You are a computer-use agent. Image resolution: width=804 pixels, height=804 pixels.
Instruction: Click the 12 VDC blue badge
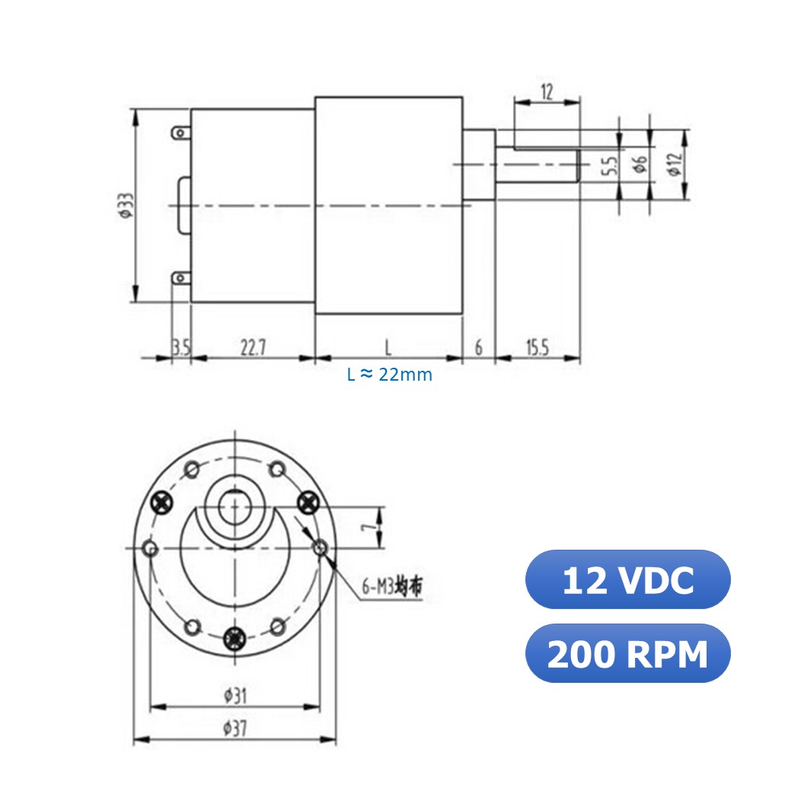[627, 580]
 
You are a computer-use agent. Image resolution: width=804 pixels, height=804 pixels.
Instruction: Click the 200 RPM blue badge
[627, 653]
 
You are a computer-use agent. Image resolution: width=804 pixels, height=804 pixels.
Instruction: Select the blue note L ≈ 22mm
[389, 375]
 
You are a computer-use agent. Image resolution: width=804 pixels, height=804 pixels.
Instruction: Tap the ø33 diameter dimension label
[125, 205]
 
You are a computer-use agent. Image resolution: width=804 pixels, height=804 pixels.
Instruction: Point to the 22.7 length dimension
[253, 348]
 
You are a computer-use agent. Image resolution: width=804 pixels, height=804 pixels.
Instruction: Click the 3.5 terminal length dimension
[181, 348]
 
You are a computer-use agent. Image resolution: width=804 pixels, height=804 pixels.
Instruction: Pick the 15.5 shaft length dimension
[537, 348]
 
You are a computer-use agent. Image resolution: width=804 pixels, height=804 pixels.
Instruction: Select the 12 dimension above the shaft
[547, 92]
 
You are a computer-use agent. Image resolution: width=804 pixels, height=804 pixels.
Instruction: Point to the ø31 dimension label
[234, 694]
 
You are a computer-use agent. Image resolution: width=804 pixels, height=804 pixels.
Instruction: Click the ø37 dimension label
[234, 728]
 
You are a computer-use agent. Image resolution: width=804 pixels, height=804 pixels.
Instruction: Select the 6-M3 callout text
[391, 587]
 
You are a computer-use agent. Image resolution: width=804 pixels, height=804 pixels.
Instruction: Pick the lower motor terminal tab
[180, 278]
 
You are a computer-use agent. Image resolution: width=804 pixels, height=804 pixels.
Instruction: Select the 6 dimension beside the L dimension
[478, 348]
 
